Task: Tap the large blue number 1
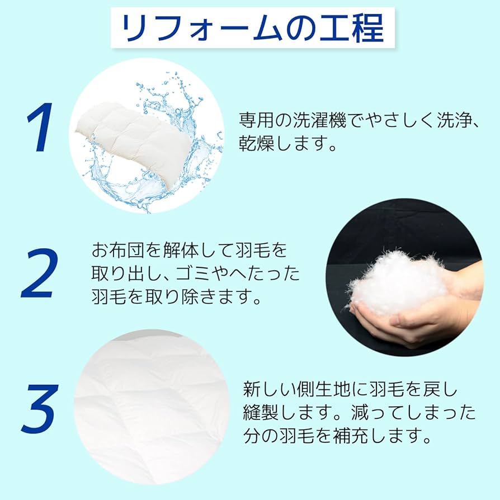40,128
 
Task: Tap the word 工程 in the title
353,28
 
